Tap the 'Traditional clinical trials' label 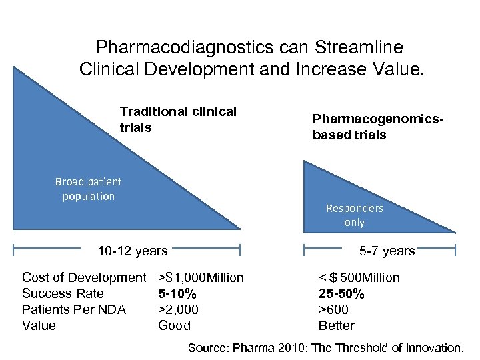178,119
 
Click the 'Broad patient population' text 89,189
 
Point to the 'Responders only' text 354,215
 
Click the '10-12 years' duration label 133,251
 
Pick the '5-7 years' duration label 387,251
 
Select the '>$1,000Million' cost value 201,277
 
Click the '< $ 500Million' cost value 359,277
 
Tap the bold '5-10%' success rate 177,293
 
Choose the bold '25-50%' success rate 341,293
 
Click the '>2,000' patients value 178,309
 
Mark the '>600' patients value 333,309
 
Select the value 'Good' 174,325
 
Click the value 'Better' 337,325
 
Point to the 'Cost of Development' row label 84,277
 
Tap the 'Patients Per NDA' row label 74,309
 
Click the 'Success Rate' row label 63,293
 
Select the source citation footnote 325,347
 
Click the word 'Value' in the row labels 39,325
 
